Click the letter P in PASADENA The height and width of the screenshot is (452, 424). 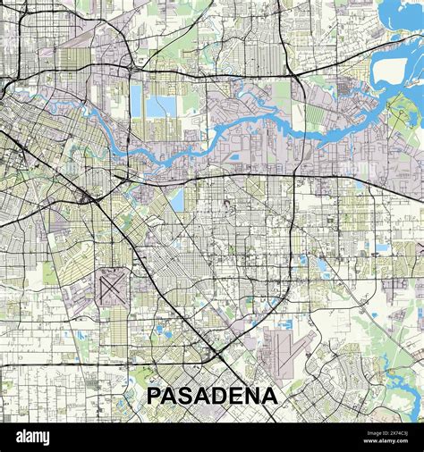(x=154, y=395)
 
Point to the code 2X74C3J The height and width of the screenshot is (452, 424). (x=394, y=432)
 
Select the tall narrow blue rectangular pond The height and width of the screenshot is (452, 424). (x=137, y=102)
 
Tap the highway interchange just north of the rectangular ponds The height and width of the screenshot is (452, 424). (x=132, y=68)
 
